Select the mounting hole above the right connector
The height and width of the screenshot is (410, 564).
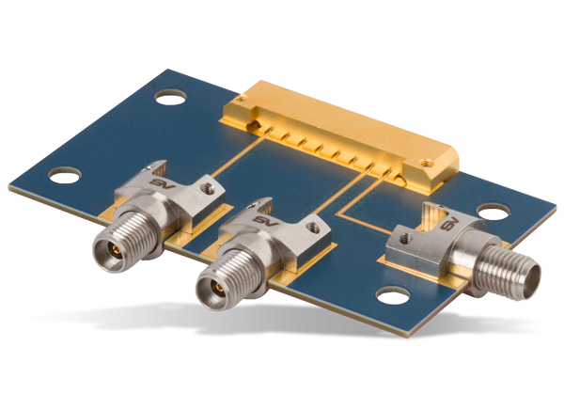488,212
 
